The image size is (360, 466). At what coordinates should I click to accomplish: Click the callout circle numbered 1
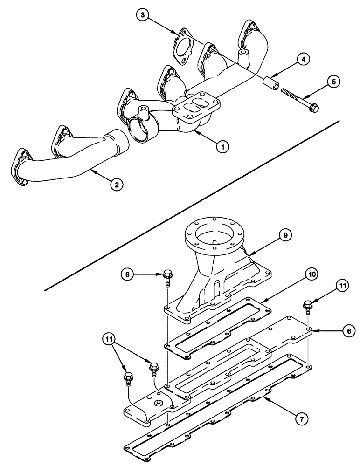(222, 146)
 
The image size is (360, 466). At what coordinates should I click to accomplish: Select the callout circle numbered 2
(117, 185)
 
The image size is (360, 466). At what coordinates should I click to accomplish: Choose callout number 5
(332, 82)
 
